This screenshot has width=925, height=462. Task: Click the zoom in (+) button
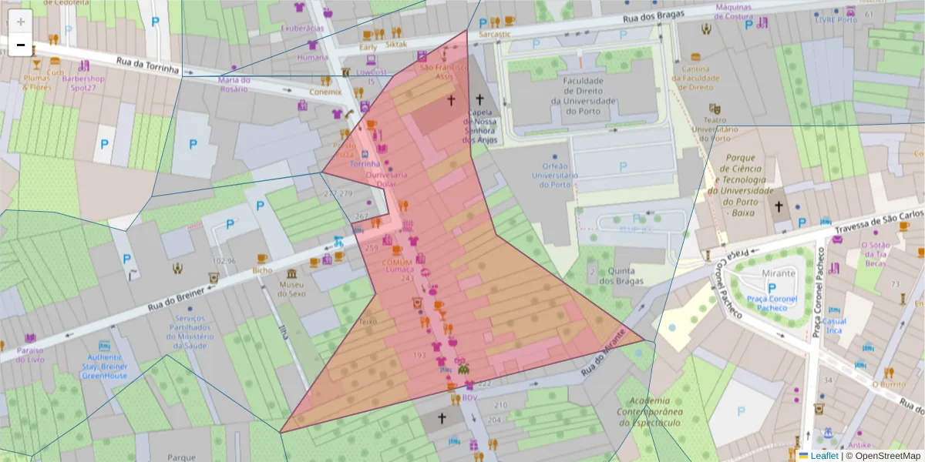coord(21,21)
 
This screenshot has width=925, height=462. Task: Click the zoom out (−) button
coord(21,45)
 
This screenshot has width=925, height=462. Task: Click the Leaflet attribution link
coord(825,456)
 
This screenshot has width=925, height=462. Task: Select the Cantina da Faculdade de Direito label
coord(695,78)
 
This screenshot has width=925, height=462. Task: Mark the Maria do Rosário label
coord(234,84)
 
